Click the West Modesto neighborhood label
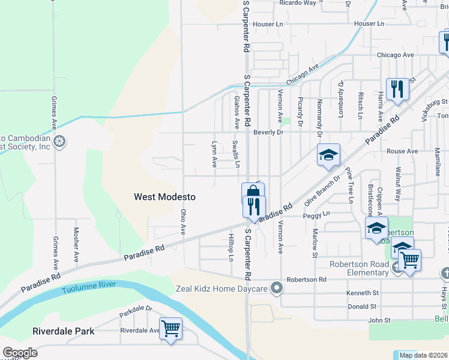164,196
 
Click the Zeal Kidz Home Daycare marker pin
277,289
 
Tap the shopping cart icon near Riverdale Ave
171,329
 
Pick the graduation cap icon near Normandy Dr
328,155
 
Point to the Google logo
19,353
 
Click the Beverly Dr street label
268,132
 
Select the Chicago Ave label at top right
396,55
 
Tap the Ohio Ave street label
184,222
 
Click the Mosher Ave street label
76,245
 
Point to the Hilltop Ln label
231,247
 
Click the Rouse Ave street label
402,151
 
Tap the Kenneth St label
363,293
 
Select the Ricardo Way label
298,3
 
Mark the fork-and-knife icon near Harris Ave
397,90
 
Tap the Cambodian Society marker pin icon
59,142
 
